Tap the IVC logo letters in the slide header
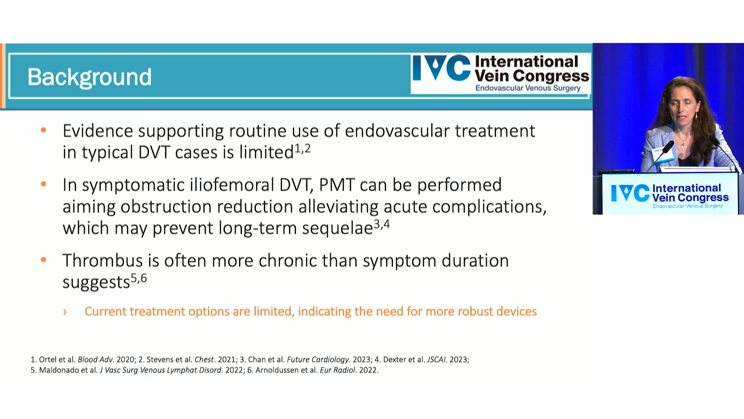pyautogui.click(x=441, y=68)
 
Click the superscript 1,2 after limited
pyautogui.click(x=303, y=149)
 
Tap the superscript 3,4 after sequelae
pyautogui.click(x=382, y=224)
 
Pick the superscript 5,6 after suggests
pyautogui.click(x=139, y=278)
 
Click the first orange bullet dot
pyautogui.click(x=43, y=130)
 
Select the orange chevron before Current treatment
pyautogui.click(x=65, y=312)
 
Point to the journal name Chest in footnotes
pyautogui.click(x=204, y=360)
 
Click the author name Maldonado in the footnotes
pyautogui.click(x=59, y=370)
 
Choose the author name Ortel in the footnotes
pyautogui.click(x=48, y=360)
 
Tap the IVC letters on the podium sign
pyautogui.click(x=630, y=193)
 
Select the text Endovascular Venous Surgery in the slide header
pyautogui.click(x=528, y=88)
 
